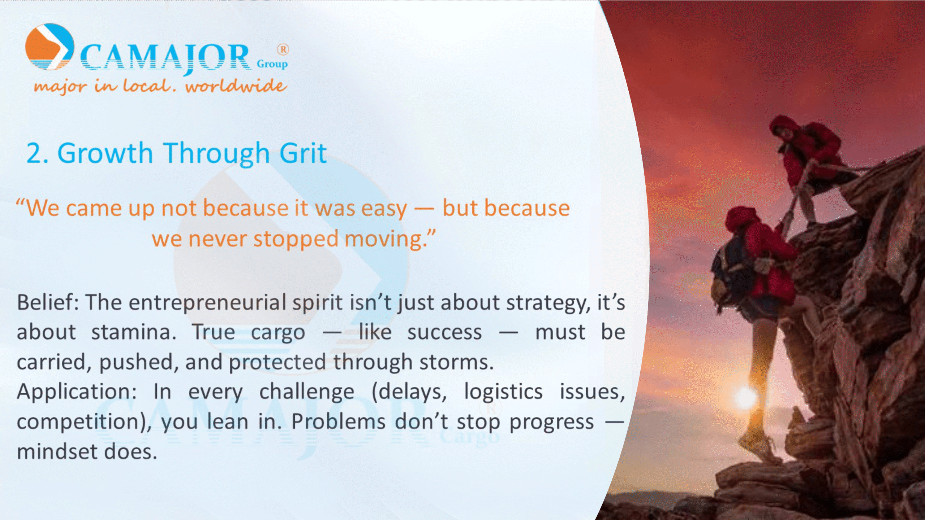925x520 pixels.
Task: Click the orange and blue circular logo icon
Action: (50, 47)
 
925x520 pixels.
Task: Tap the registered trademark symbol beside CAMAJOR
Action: (283, 49)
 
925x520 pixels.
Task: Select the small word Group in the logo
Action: (272, 64)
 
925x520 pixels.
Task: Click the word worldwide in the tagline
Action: (236, 86)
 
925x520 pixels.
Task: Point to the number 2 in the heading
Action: (35, 153)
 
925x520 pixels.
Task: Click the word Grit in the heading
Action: (303, 153)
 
